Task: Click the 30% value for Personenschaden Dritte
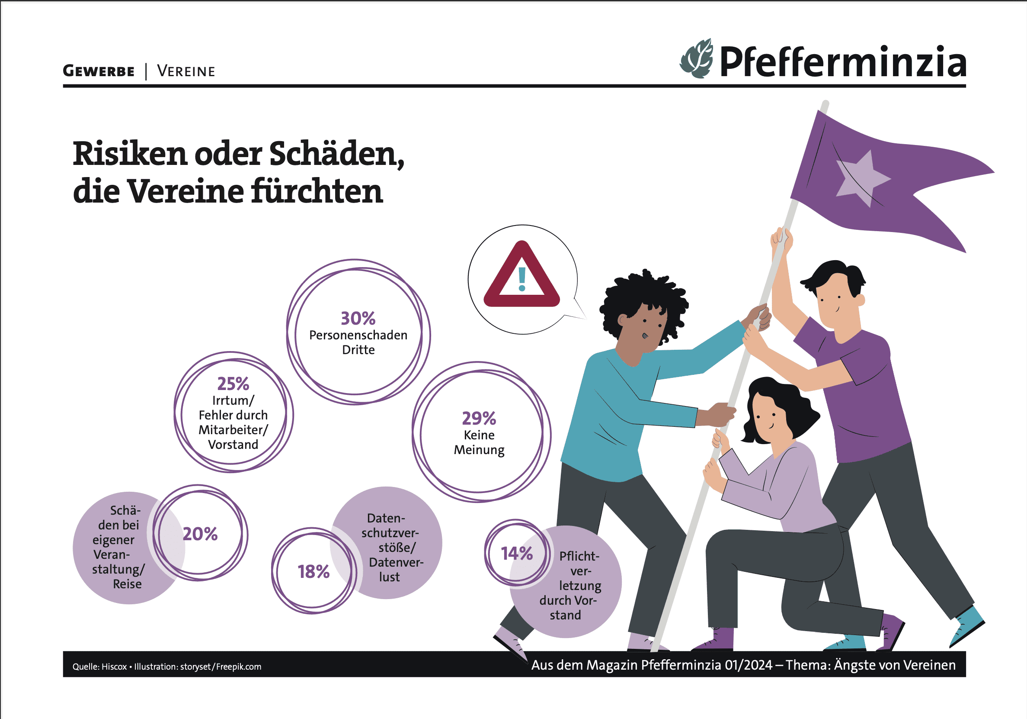coord(358,318)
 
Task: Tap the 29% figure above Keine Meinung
coord(479,418)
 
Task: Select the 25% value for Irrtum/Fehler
coord(233,384)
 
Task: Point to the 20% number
coord(200,534)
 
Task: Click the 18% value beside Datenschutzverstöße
coord(314,572)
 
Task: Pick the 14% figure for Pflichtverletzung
coord(517,553)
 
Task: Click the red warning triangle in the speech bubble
coord(521,277)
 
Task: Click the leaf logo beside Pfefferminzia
coord(697,59)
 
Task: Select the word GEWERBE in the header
coord(99,71)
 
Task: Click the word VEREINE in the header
coord(186,71)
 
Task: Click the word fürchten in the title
coord(317,191)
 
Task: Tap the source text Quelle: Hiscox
coord(100,667)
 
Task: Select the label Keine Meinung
coord(479,442)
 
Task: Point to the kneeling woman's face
coord(768,417)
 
